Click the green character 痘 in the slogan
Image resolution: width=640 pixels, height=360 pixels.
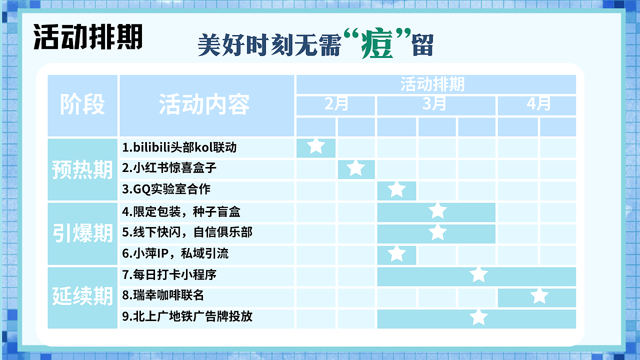[377, 45]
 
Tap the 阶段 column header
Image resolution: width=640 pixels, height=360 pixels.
[82, 105]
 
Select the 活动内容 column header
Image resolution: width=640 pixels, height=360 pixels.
[204, 105]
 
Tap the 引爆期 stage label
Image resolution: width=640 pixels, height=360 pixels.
[82, 233]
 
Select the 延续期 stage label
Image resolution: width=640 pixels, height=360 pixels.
[82, 296]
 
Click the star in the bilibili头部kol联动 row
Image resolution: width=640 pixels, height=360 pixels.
[315, 146]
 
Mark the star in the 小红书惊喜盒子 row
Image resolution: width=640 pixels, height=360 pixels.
[355, 168]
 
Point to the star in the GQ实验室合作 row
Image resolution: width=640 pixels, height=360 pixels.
[396, 189]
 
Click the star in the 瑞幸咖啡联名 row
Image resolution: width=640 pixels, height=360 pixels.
[539, 296]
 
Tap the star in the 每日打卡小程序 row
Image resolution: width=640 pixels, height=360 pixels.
[478, 274]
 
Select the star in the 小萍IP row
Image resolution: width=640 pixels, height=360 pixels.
[396, 253]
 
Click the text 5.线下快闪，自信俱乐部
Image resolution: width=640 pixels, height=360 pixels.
[187, 232]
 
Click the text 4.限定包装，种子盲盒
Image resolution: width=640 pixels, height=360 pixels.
[181, 211]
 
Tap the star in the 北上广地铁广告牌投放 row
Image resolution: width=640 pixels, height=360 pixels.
[478, 317]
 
